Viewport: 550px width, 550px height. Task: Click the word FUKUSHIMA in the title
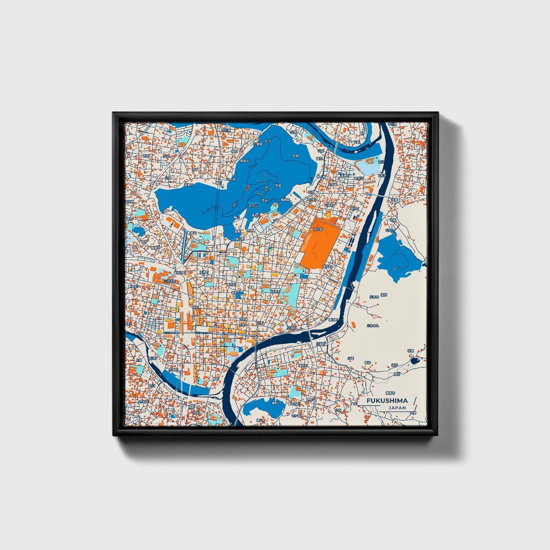pyautogui.click(x=387, y=400)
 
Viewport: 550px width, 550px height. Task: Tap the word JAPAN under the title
pyautogui.click(x=397, y=408)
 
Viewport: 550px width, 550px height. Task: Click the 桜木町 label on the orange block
pyautogui.click(x=318, y=230)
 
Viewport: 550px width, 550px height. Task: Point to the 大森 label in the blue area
pyautogui.click(x=296, y=156)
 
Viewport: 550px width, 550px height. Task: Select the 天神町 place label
pyautogui.click(x=204, y=272)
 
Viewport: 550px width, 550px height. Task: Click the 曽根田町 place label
pyautogui.click(x=179, y=273)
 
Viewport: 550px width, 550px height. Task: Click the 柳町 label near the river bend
pyautogui.click(x=216, y=379)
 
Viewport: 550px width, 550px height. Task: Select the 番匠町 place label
pyautogui.click(x=304, y=365)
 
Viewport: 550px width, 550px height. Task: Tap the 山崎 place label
pyautogui.click(x=351, y=358)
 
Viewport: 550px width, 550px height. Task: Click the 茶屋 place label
pyautogui.click(x=410, y=350)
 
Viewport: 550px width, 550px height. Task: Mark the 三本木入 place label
pyautogui.click(x=372, y=326)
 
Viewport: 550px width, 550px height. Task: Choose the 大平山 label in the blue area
pyautogui.click(x=253, y=206)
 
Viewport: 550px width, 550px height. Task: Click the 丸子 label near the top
pyautogui.click(x=268, y=142)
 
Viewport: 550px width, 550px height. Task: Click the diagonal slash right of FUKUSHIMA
pyautogui.click(x=414, y=402)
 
